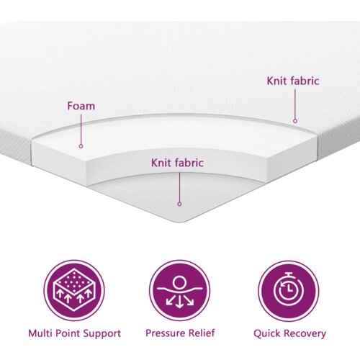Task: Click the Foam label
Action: coord(81,106)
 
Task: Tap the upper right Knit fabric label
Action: coord(293,81)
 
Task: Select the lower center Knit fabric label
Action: coord(177,163)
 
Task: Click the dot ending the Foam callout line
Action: coord(81,146)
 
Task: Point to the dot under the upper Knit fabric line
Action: coord(295,121)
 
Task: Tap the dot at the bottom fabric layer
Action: coord(179,204)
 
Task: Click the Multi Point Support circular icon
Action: coord(74,291)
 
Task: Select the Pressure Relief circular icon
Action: coord(180,291)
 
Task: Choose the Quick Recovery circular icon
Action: coord(289,291)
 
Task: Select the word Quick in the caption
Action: coord(266,334)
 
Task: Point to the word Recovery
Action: coord(304,334)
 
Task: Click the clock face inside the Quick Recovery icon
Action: coord(289,291)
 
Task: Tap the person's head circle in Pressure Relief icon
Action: coord(179,282)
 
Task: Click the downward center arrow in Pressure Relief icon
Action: coord(179,302)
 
